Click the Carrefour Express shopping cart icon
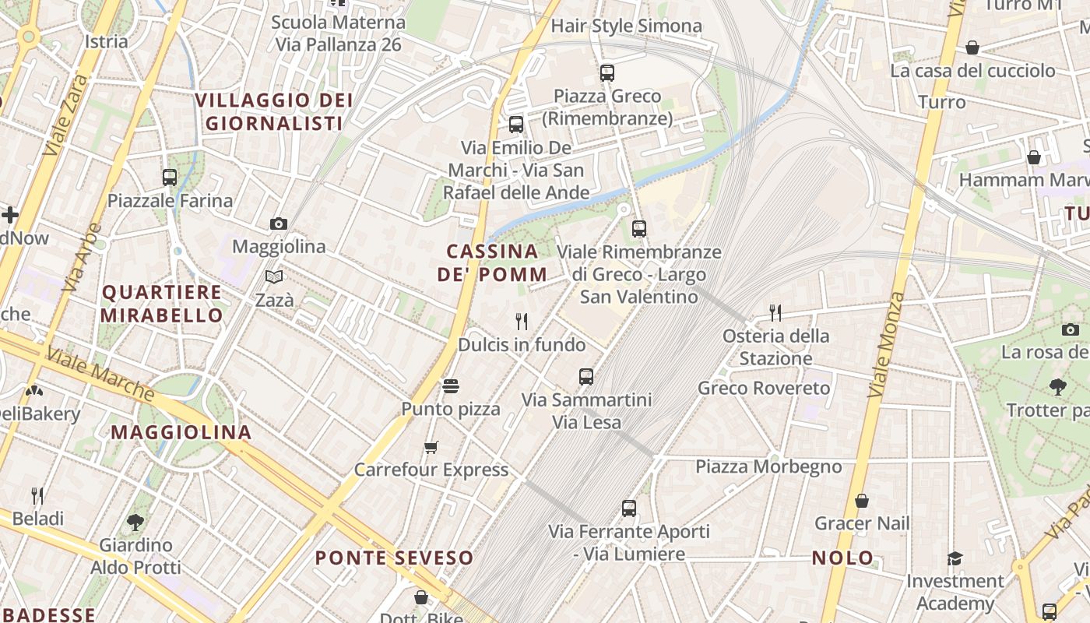coord(431,447)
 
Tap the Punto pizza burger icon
coord(450,385)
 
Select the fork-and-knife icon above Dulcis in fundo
coord(522,321)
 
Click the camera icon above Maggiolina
coord(279,224)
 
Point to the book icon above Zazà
coord(273,277)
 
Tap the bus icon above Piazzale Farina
coord(170,178)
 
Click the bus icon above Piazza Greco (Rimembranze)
coord(607,73)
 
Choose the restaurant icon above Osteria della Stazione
coord(775,313)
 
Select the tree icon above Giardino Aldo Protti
coord(135,522)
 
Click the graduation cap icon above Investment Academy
coord(955,558)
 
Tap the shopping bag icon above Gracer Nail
coord(862,501)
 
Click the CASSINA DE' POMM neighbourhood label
coord(492,262)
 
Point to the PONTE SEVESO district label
coord(394,558)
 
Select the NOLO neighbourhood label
coord(842,558)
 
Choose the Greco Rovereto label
coord(764,388)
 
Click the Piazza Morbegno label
coord(768,466)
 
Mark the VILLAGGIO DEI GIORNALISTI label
coord(274,111)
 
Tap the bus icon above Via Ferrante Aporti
coord(629,509)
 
